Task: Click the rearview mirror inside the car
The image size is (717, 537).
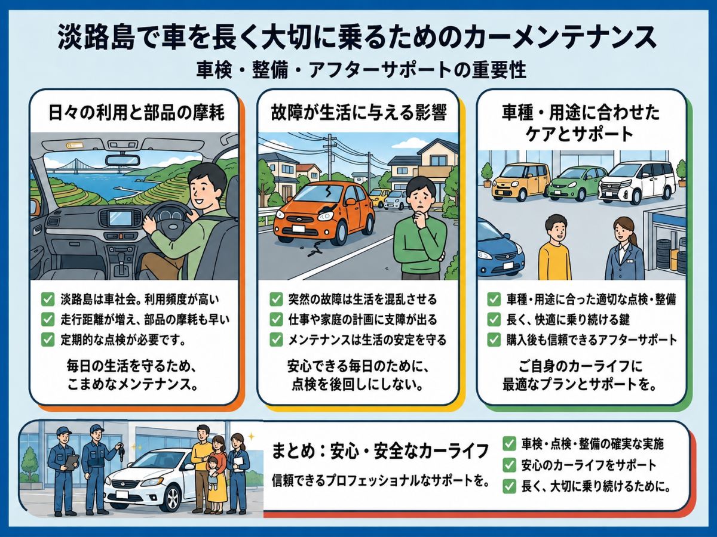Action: tap(122, 160)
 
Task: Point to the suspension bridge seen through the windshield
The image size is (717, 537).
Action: tap(76, 167)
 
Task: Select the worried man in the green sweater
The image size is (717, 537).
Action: tap(421, 229)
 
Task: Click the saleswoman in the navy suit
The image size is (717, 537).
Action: tap(624, 248)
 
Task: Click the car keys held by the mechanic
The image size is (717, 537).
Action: tap(121, 450)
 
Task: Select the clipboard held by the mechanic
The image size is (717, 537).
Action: tap(72, 462)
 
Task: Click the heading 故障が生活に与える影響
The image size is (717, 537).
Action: tap(358, 113)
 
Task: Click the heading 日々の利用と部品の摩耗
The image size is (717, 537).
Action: tap(137, 113)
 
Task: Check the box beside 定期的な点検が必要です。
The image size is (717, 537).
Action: tap(48, 340)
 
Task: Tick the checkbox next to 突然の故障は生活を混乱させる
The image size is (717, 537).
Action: tap(276, 299)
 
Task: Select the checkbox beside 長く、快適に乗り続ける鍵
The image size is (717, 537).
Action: tap(494, 320)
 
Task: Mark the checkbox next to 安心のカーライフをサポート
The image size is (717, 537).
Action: tap(509, 465)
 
